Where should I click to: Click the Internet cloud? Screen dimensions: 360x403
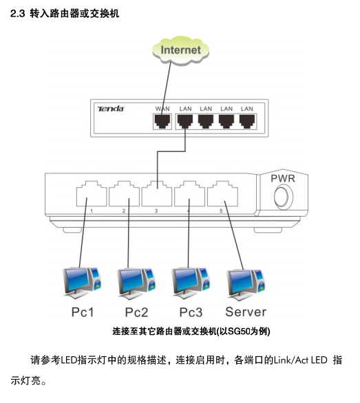pyautogui.click(x=180, y=50)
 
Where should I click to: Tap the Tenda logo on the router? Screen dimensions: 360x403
pyautogui.click(x=111, y=109)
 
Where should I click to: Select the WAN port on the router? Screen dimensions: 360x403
pyautogui.click(x=162, y=121)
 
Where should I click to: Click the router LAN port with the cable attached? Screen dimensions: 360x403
pyautogui.click(x=185, y=121)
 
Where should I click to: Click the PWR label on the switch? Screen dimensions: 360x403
pyautogui.click(x=282, y=178)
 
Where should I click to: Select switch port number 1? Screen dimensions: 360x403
pyautogui.click(x=92, y=194)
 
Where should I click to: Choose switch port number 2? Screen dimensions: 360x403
pyautogui.click(x=124, y=194)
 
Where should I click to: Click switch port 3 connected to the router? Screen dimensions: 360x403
pyautogui.click(x=157, y=194)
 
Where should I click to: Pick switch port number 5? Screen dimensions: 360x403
pyautogui.click(x=222, y=194)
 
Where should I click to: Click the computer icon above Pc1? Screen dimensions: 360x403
pyautogui.click(x=83, y=283)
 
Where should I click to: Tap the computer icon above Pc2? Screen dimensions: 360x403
pyautogui.click(x=136, y=283)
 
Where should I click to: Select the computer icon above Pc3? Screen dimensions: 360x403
pyautogui.click(x=191, y=283)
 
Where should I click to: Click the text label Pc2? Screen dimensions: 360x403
pyautogui.click(x=136, y=312)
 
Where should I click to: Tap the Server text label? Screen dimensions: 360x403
pyautogui.click(x=246, y=312)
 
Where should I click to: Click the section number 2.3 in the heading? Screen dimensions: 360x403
pyautogui.click(x=17, y=13)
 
